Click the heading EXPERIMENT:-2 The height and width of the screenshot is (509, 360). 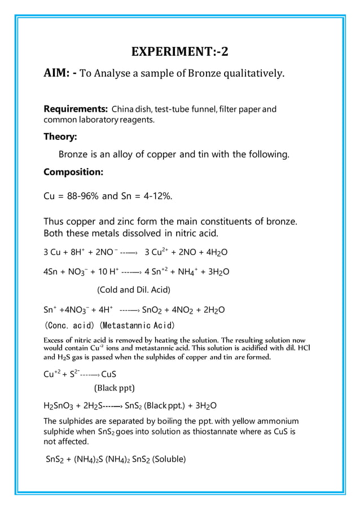[180, 52]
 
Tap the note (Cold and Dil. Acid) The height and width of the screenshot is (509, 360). [134, 290]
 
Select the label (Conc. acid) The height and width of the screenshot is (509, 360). [71, 326]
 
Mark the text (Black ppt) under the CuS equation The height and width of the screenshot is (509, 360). [114, 388]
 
